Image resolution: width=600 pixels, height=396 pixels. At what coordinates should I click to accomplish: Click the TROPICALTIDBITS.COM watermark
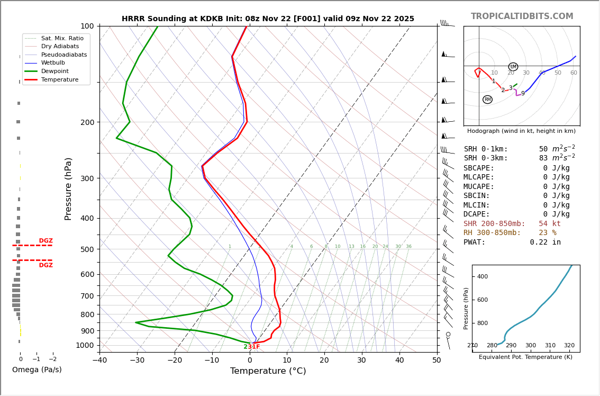click(x=522, y=16)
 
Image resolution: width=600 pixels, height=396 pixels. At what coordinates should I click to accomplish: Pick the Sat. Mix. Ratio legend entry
click(x=62, y=38)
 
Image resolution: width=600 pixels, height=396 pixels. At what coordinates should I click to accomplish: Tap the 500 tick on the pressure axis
click(x=87, y=249)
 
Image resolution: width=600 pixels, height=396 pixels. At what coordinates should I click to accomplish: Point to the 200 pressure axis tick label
click(x=87, y=122)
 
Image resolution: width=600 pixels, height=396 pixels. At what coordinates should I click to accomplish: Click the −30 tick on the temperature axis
click(x=137, y=361)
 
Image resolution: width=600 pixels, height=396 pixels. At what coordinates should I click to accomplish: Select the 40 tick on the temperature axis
click(x=399, y=361)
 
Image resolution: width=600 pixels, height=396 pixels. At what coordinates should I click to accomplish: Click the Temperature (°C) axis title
click(x=268, y=371)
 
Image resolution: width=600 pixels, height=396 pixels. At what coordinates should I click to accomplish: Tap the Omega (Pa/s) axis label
click(x=37, y=370)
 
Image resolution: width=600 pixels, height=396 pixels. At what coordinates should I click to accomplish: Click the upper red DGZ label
click(x=46, y=241)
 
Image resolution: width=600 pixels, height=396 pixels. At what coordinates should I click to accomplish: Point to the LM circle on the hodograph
click(x=513, y=67)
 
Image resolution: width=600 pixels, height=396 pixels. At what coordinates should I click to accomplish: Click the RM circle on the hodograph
click(x=487, y=100)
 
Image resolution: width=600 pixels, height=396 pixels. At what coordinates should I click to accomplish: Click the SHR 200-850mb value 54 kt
click(x=549, y=224)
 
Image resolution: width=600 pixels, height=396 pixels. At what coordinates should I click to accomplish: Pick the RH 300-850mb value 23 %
click(x=547, y=233)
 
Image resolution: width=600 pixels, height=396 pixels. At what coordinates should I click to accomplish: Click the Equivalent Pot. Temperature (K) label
click(x=525, y=357)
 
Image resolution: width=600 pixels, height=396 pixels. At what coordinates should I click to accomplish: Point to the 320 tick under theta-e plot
click(x=569, y=346)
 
